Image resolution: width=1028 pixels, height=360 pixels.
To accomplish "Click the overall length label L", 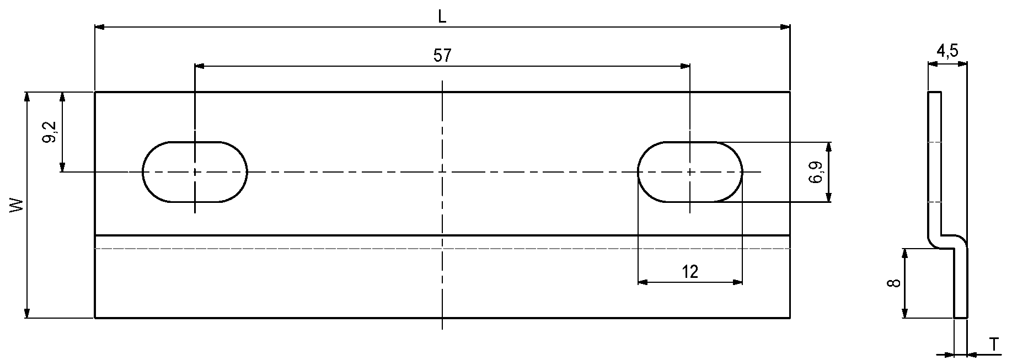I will pos(442,17).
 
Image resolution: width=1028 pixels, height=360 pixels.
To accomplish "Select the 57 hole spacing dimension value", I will pos(442,56).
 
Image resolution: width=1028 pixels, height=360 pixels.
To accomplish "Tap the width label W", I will pos(18,205).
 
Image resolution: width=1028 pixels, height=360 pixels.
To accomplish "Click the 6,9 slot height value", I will pos(818,172).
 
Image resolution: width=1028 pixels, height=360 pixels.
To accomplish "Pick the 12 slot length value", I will pos(690,271).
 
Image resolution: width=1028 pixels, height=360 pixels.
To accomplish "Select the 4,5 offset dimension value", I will pos(947,52).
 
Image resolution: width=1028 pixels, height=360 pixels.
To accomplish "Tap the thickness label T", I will pos(993,345).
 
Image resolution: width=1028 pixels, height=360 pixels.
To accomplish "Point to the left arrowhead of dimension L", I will pos(99,26).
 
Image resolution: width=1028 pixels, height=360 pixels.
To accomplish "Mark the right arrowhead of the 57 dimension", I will pos(686,66).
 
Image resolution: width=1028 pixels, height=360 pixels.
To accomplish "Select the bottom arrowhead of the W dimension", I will pos(26,314).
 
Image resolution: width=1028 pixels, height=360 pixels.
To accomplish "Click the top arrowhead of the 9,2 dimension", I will pos(62,96).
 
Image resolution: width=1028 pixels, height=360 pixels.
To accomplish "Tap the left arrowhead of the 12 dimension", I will pos(642,282).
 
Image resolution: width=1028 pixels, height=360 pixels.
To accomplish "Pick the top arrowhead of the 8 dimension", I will pos(904,252).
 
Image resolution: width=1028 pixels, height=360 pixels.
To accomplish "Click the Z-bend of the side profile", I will pos(947,240).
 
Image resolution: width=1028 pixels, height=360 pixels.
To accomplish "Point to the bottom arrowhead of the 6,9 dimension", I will pos(828,197).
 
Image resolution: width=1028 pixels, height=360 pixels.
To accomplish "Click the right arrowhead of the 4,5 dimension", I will pos(963,64).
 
